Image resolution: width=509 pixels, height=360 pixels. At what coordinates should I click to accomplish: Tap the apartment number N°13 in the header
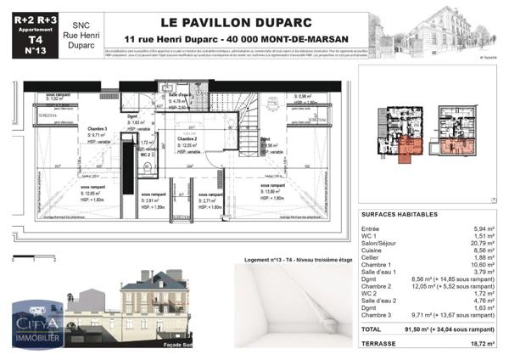[34, 51]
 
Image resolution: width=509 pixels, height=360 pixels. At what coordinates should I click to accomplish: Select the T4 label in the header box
[34, 39]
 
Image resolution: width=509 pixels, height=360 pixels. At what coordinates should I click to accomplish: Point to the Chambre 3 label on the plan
[96, 128]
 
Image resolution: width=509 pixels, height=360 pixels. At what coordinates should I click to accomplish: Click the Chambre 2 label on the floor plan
[187, 138]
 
